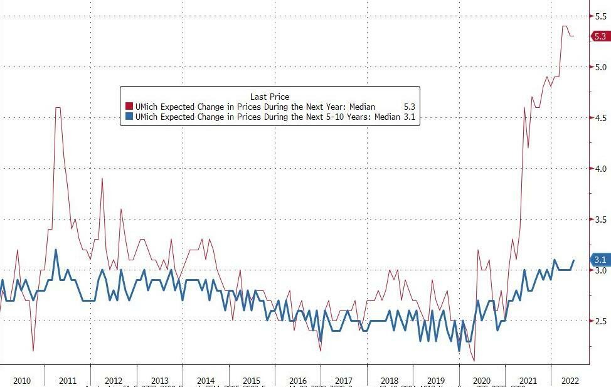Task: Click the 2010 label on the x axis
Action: coord(22,381)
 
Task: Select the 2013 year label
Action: coord(159,381)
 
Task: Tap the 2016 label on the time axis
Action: coord(298,381)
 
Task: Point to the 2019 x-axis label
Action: coord(436,381)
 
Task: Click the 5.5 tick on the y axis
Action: coord(601,16)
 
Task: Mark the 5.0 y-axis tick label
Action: coord(601,67)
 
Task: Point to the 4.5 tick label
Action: coord(601,118)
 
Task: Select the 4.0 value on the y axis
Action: coord(601,169)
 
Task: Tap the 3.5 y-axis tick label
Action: coord(601,220)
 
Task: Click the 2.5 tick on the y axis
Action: coord(601,321)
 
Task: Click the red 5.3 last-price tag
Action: coord(600,36)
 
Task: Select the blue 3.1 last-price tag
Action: coord(600,260)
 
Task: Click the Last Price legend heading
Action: coord(270,97)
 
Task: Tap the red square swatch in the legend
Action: coord(129,107)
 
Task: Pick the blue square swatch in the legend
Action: coord(129,117)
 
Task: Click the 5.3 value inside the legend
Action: coord(409,107)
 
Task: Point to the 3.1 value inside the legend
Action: coord(409,117)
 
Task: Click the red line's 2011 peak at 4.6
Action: coord(58,108)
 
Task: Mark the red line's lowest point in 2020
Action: coord(474,360)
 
